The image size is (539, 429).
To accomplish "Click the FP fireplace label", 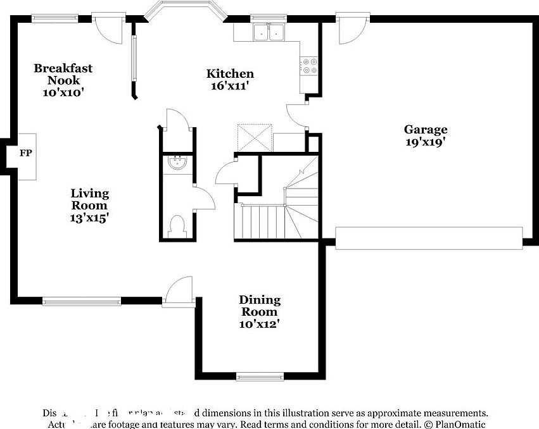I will (25, 153).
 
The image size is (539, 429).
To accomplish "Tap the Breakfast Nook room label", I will (63, 73).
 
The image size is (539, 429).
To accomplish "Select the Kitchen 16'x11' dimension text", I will (230, 86).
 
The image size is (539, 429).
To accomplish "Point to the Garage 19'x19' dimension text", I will (426, 142).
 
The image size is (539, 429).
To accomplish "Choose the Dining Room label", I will (259, 306).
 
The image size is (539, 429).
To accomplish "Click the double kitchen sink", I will (269, 32).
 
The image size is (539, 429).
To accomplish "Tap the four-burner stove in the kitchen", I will (310, 66).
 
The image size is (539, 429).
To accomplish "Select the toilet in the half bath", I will (179, 226).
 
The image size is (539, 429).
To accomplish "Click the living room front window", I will (82, 302).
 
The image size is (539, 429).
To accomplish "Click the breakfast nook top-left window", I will (51, 18).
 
